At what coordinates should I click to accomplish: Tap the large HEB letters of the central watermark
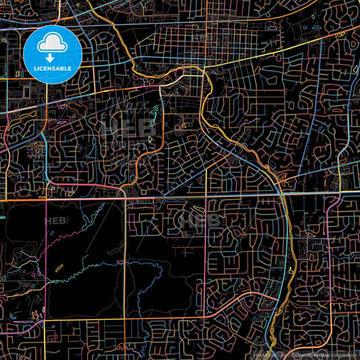click(x=119, y=128)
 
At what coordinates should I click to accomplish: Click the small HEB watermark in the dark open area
click(x=57, y=221)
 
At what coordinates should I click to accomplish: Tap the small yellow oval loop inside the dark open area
click(x=60, y=269)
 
